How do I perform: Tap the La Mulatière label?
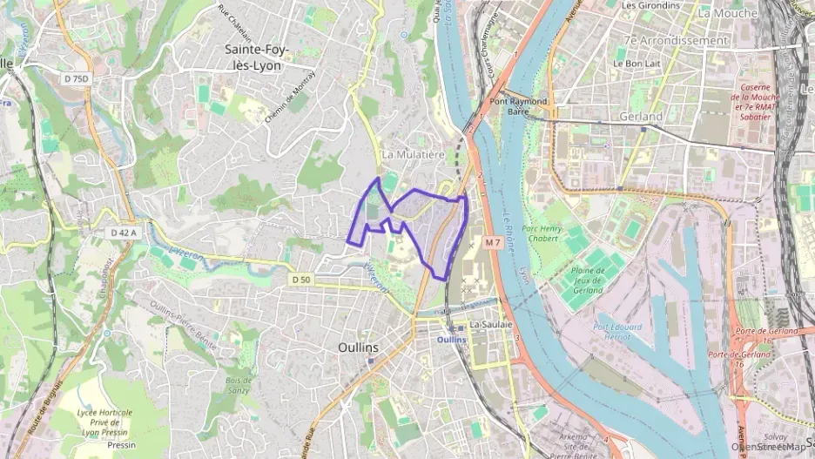(x=414, y=154)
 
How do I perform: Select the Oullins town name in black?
(x=358, y=347)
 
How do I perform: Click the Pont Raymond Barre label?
(x=518, y=106)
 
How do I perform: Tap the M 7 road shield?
(x=494, y=241)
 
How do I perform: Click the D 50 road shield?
(x=300, y=280)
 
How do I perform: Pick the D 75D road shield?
(x=76, y=79)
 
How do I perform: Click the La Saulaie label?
(x=489, y=324)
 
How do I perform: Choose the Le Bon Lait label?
(x=633, y=63)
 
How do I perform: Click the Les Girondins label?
(x=650, y=5)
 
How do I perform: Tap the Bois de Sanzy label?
(x=238, y=385)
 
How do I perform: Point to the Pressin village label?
(x=121, y=444)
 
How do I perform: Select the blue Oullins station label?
(x=452, y=340)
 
